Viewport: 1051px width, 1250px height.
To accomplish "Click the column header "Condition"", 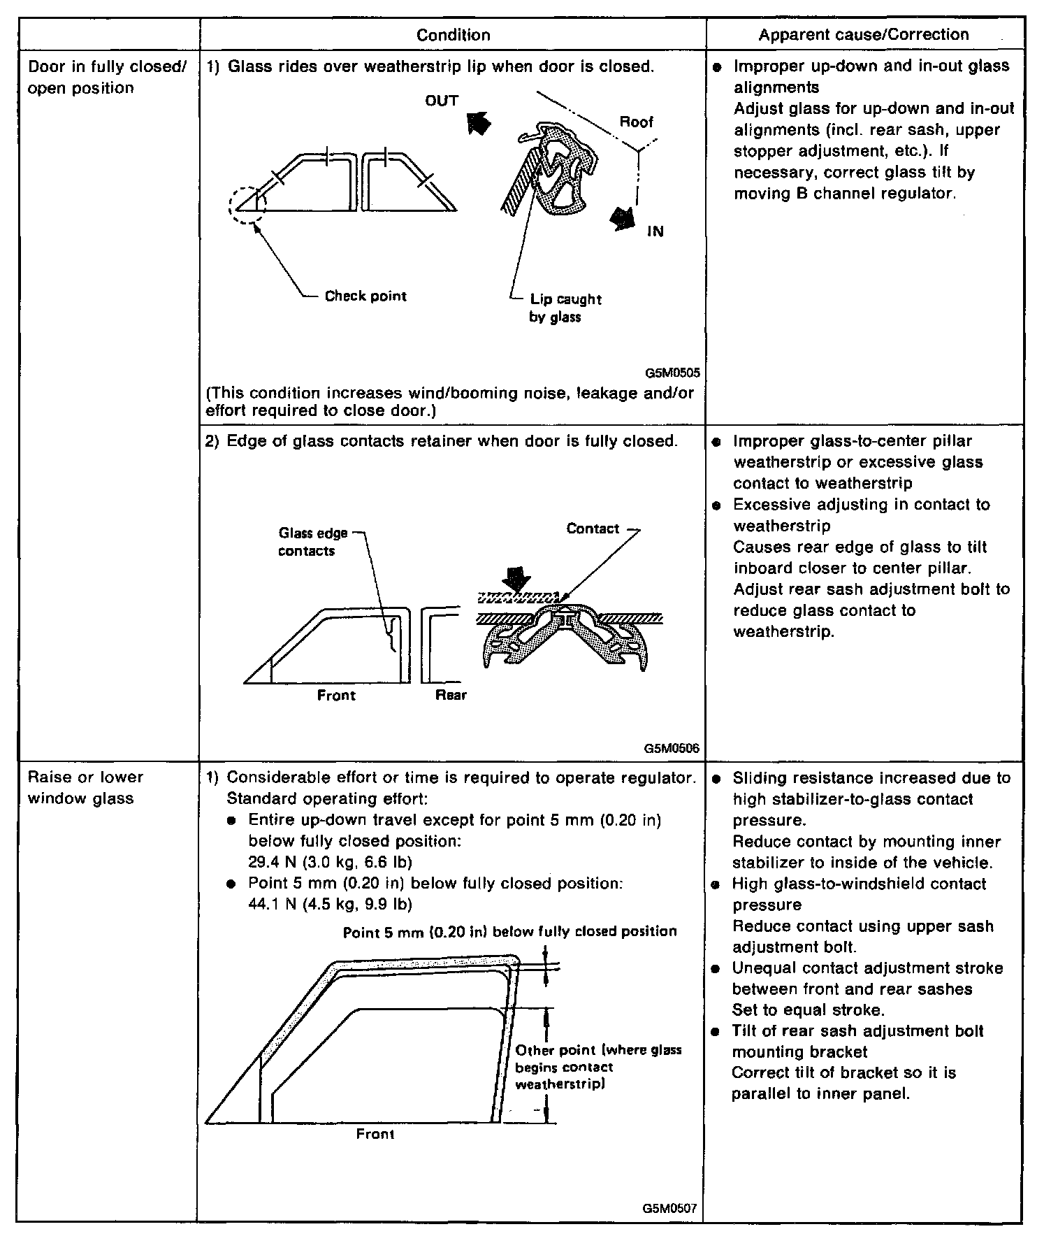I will (x=453, y=35).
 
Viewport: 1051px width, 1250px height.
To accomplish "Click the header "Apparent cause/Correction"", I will (x=864, y=34).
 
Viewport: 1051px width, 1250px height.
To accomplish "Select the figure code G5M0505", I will (x=673, y=373).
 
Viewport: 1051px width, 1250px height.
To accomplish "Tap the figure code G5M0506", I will (x=673, y=748).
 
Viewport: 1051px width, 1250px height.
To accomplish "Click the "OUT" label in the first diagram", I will (x=442, y=101).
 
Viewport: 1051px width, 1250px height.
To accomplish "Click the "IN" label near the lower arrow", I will (x=655, y=231).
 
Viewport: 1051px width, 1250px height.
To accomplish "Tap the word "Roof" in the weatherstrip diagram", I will (x=636, y=122).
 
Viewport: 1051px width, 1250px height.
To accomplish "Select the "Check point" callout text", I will (x=365, y=296).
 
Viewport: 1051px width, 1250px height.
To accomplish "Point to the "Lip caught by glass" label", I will (x=565, y=308).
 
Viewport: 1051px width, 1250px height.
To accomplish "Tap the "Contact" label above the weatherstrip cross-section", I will (x=593, y=529).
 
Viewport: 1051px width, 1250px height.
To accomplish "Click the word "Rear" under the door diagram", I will (x=451, y=696).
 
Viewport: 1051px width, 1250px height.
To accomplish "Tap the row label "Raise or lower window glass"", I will (x=85, y=788).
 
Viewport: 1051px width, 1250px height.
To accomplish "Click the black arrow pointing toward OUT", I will (x=479, y=124).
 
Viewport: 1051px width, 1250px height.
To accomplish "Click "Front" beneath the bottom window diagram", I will (x=375, y=1134).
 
